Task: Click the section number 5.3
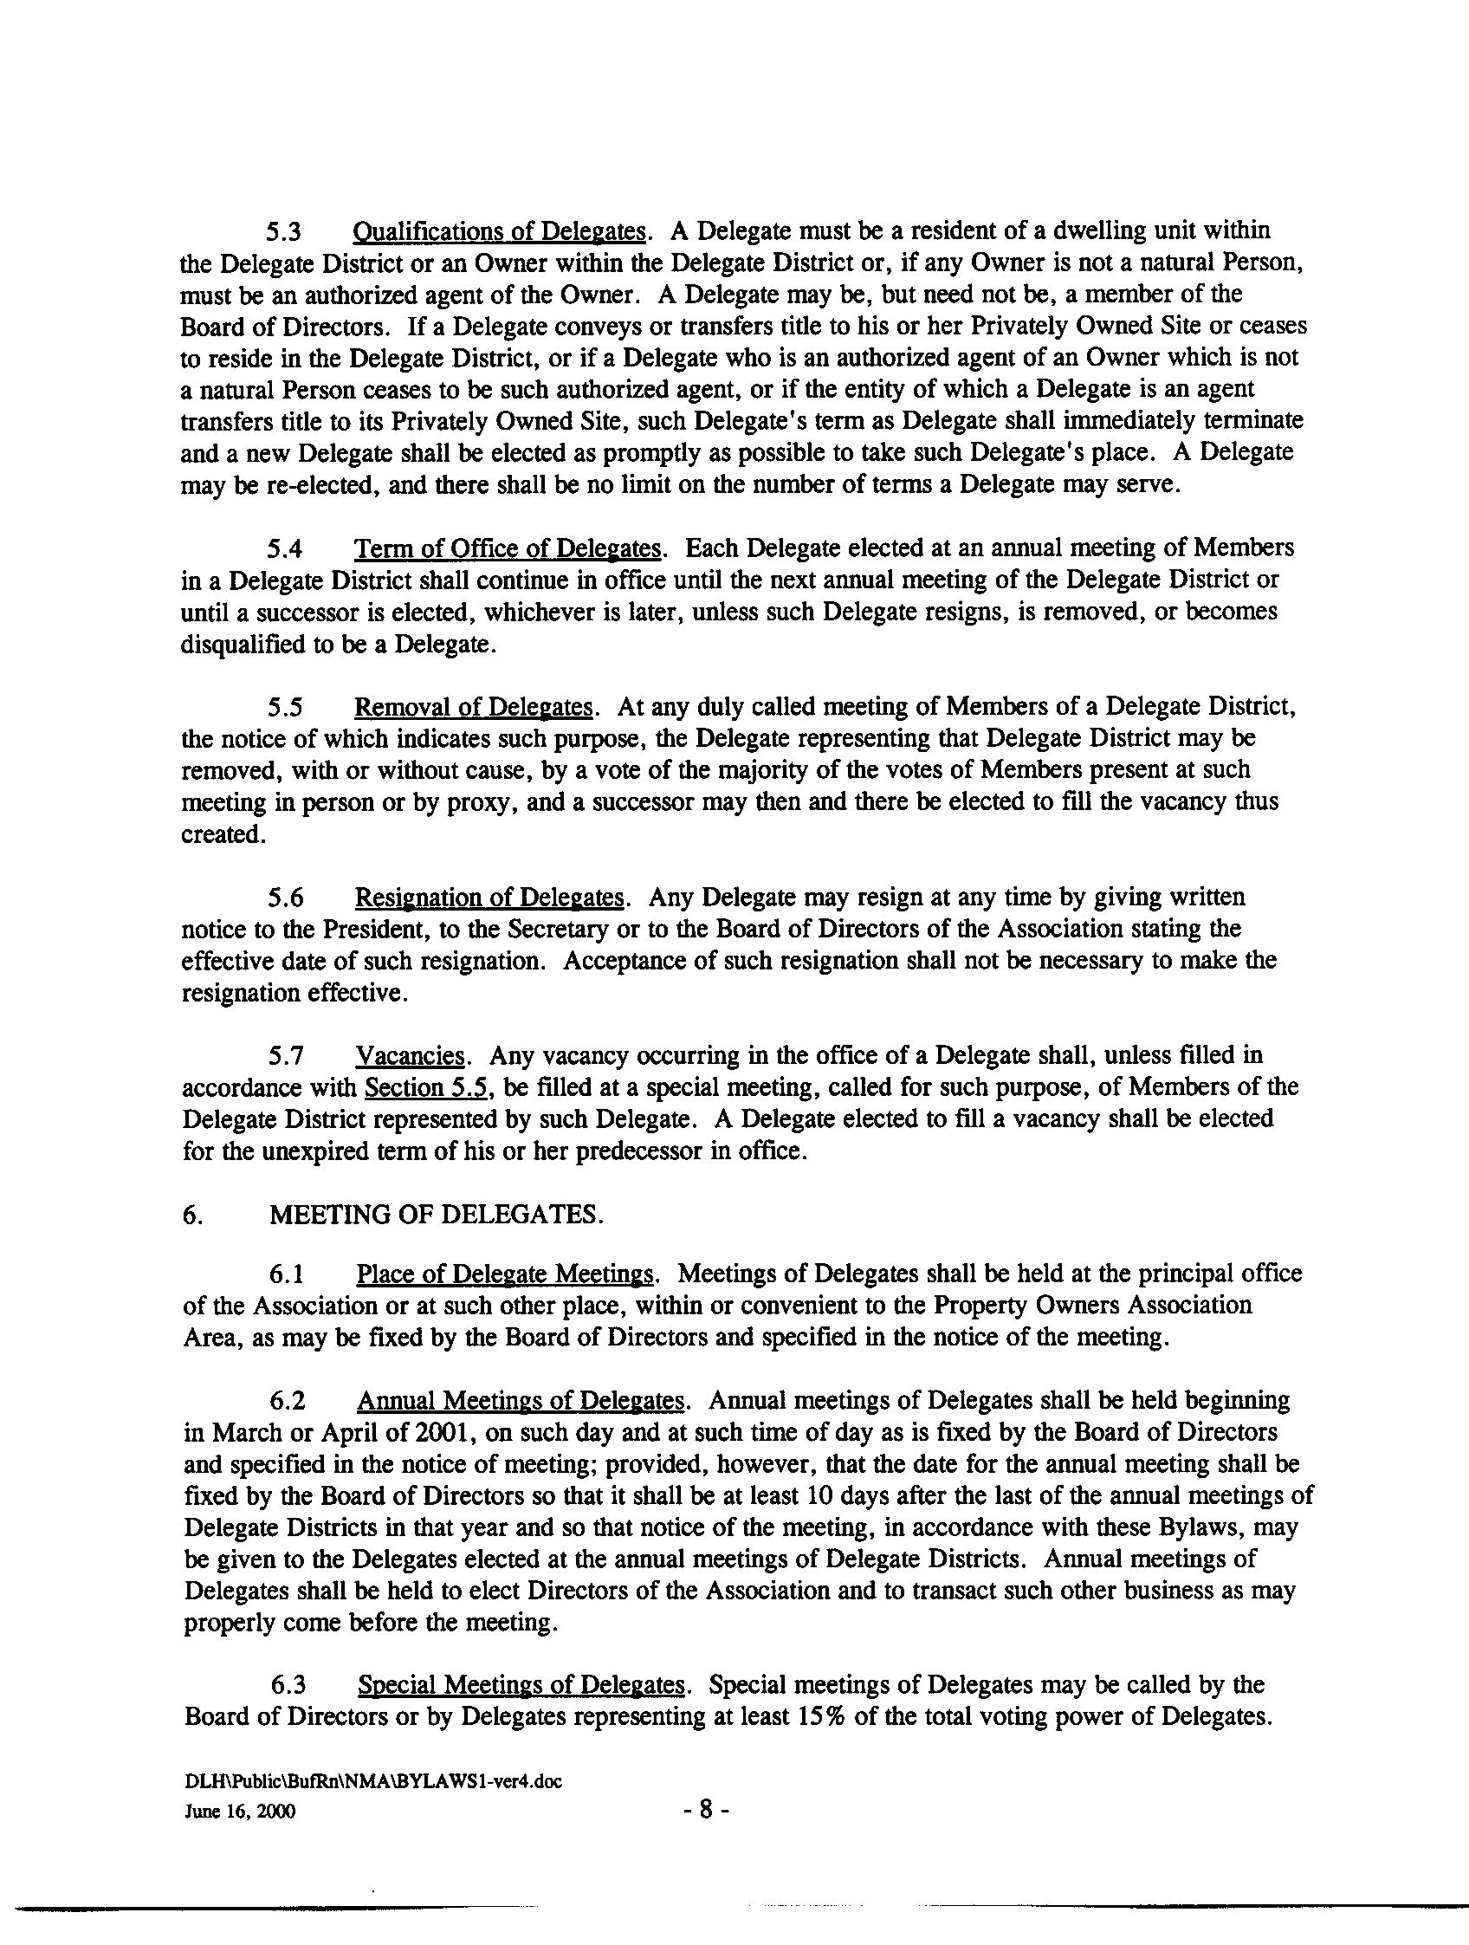pos(285,232)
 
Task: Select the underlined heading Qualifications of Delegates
pos(499,231)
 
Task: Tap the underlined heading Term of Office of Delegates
pos(507,548)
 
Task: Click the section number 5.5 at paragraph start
pos(287,708)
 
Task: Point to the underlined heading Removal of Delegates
pos(475,707)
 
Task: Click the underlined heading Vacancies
pos(410,1055)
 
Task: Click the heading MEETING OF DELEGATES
pos(436,1215)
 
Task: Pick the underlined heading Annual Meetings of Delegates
pos(520,1401)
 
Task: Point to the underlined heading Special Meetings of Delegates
pos(521,1685)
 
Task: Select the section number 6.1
pos(287,1275)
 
